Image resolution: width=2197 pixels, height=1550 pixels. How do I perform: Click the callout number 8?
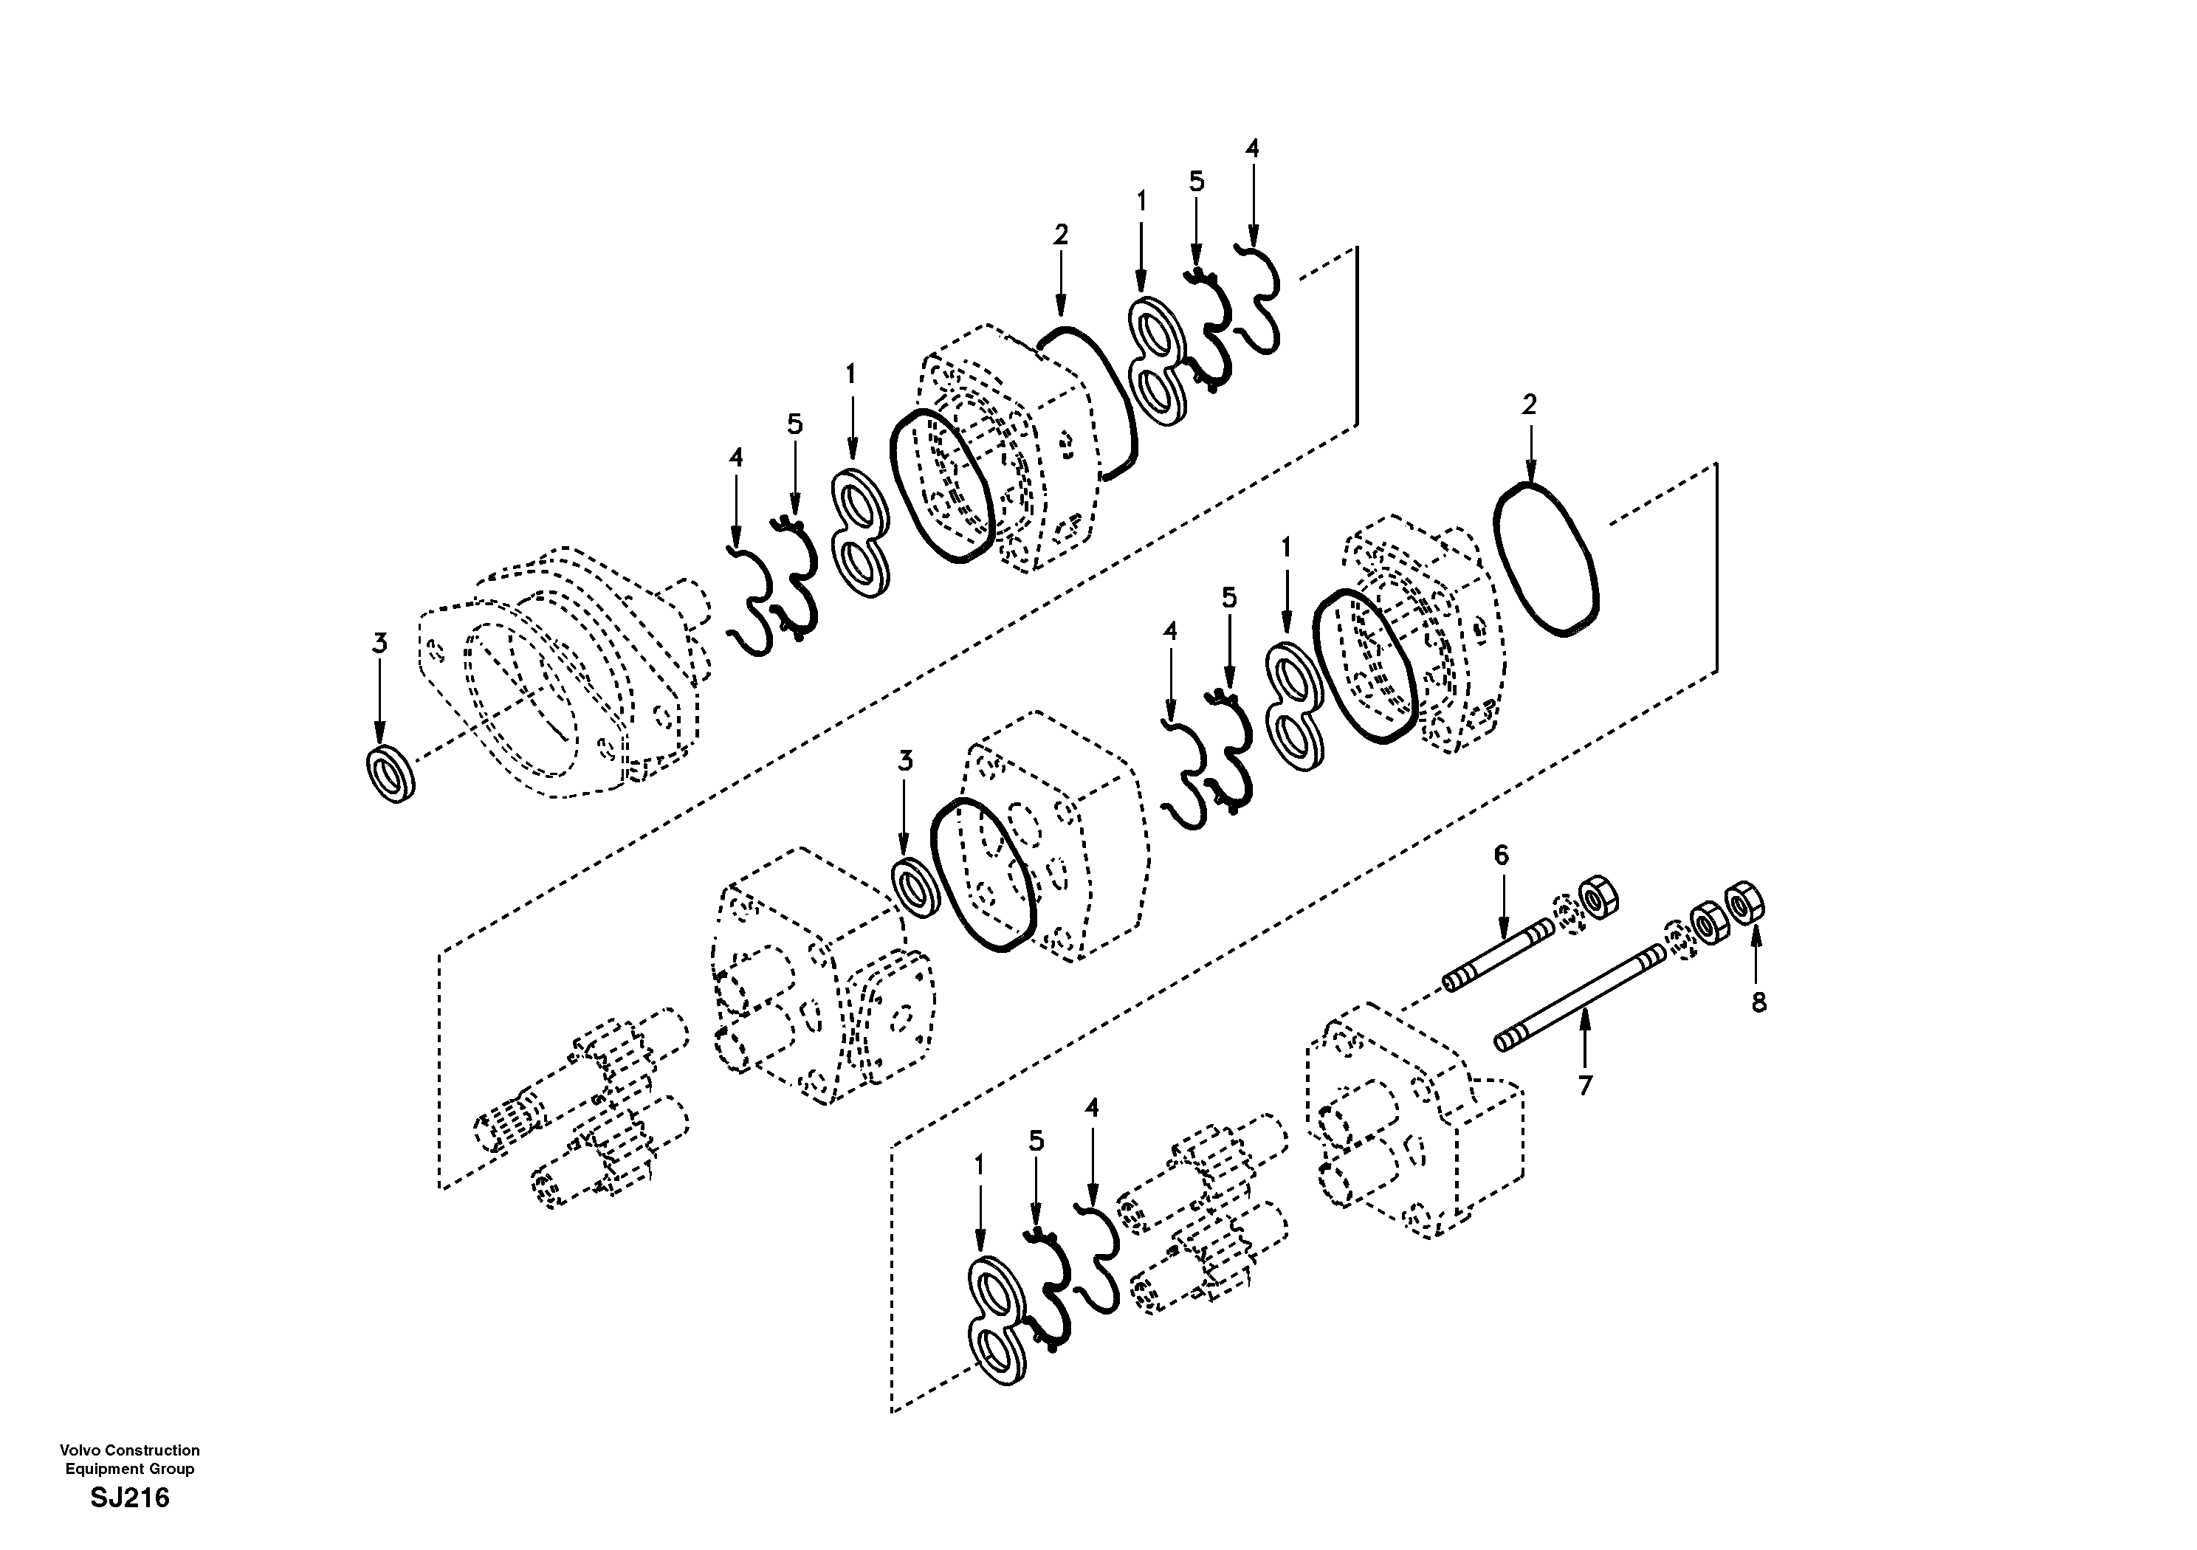pyautogui.click(x=1758, y=1003)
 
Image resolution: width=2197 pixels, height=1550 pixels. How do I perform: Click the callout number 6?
pyautogui.click(x=1502, y=855)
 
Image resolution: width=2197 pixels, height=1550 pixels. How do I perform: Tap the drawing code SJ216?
pyautogui.click(x=130, y=1498)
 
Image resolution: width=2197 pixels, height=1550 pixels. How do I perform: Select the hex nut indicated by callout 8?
pyautogui.click(x=1745, y=902)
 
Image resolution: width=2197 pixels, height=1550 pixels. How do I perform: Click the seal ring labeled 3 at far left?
pyautogui.click(x=391, y=773)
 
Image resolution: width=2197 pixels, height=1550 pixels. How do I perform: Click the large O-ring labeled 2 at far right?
pyautogui.click(x=1545, y=559)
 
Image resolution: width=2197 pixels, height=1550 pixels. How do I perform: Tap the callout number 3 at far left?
pyautogui.click(x=380, y=644)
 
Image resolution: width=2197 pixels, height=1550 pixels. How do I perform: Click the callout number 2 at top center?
pyautogui.click(x=1060, y=235)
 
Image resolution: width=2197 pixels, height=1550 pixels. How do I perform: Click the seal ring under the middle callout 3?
pyautogui.click(x=915, y=888)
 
